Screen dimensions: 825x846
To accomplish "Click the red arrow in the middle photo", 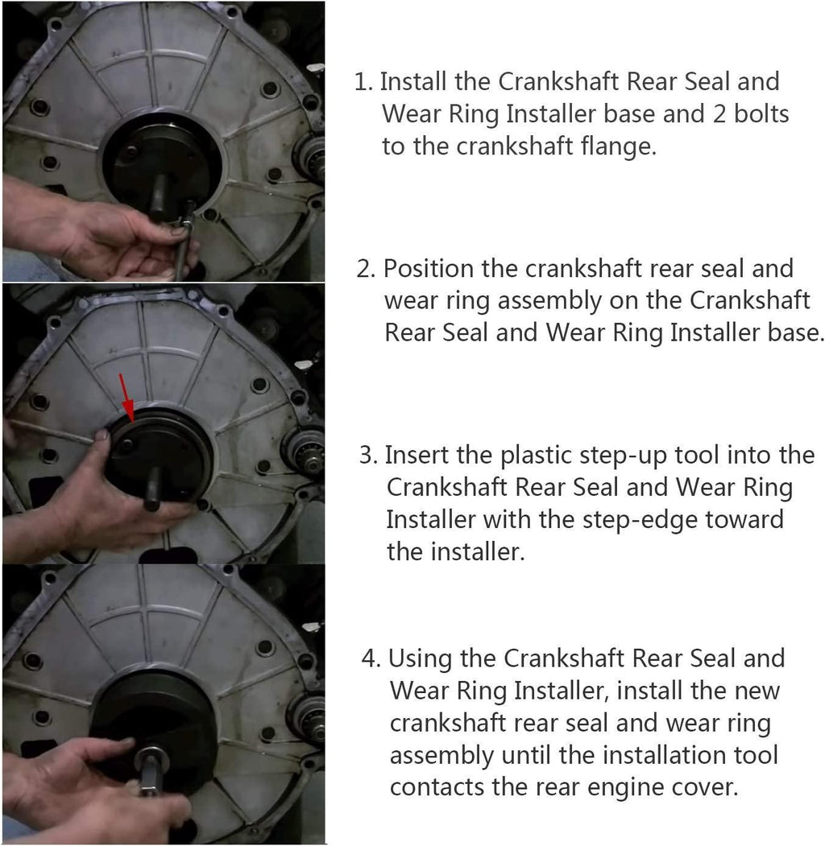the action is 126,397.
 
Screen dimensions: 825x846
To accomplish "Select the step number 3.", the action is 368,456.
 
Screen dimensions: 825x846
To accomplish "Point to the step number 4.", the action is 371,658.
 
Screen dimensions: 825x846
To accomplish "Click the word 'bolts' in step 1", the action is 761,113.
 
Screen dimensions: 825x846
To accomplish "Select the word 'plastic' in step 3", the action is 536,456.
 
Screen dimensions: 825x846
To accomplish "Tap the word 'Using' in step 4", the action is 420,658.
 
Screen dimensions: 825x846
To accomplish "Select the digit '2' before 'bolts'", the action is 719,114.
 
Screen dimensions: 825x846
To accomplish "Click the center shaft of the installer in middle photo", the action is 153,489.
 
